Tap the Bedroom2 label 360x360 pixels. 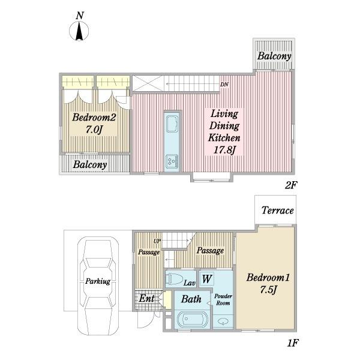[94, 118]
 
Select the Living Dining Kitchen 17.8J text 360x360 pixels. [224, 132]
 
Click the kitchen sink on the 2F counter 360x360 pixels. [172, 124]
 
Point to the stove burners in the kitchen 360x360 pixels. [172, 161]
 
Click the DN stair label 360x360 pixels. [224, 85]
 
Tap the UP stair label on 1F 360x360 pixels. [157, 241]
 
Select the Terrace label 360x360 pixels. [278, 211]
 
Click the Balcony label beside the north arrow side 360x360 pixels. [274, 56]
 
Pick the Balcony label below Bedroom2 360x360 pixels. [90, 164]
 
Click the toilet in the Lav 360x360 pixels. [174, 279]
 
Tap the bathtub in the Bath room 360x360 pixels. [193, 320]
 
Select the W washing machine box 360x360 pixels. [206, 279]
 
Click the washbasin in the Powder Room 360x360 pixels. [222, 322]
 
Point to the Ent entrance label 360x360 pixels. [146, 298]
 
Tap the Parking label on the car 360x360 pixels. [98, 281]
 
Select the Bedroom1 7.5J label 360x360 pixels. [268, 283]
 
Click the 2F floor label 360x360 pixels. [291, 185]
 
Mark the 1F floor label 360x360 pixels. [292, 343]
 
